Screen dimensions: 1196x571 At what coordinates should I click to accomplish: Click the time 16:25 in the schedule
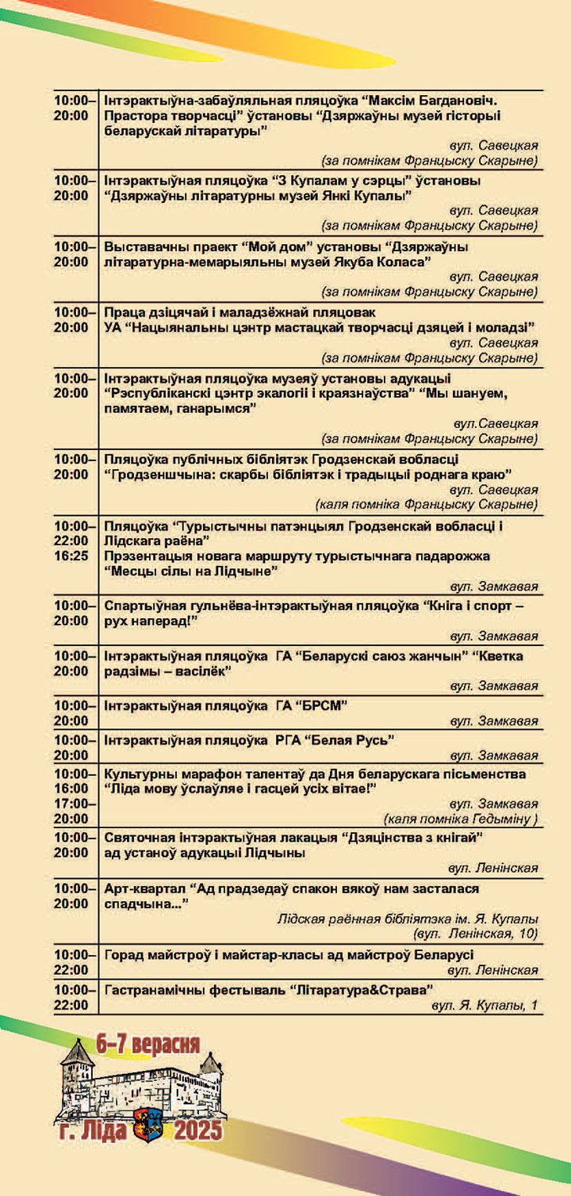[x=71, y=556]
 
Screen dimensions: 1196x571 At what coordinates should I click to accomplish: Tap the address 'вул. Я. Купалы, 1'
[x=485, y=1006]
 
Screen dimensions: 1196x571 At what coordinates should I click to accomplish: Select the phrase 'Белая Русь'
[x=358, y=740]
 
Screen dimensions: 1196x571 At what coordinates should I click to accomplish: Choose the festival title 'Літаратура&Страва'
[x=362, y=990]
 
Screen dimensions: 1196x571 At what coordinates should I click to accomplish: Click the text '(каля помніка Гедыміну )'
[x=461, y=819]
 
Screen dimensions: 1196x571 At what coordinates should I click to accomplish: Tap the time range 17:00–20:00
[x=71, y=811]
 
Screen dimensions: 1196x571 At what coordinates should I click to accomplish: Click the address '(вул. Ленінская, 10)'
[x=476, y=934]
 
